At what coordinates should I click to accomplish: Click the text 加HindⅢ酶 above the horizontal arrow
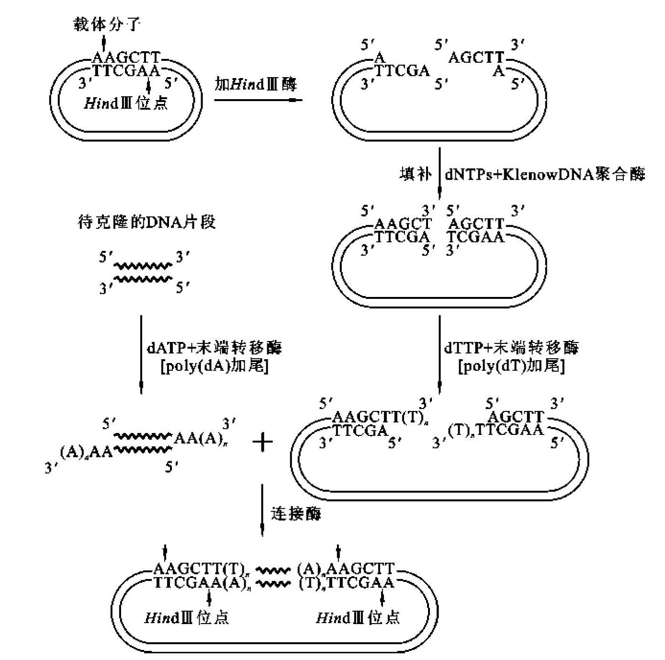[x=256, y=84]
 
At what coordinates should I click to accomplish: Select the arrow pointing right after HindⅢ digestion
[x=258, y=100]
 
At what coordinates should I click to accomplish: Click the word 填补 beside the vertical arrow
[x=416, y=174]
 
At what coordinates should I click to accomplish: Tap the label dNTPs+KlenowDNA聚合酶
[x=545, y=174]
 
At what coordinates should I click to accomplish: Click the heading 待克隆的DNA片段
[x=147, y=222]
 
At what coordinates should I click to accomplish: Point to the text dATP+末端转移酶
[x=214, y=347]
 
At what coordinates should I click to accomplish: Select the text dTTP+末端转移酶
[x=511, y=347]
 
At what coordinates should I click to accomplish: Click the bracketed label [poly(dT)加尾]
[x=511, y=366]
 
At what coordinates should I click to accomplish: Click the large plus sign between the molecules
[x=262, y=442]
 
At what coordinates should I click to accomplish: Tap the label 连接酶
[x=296, y=513]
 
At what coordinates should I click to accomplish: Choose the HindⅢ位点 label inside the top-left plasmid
[x=126, y=103]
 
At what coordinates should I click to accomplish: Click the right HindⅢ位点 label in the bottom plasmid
[x=358, y=617]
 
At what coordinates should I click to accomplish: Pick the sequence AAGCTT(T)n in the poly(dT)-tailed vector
[x=378, y=417]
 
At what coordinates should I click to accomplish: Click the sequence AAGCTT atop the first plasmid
[x=125, y=57]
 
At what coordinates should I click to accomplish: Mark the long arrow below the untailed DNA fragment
[x=141, y=354]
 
